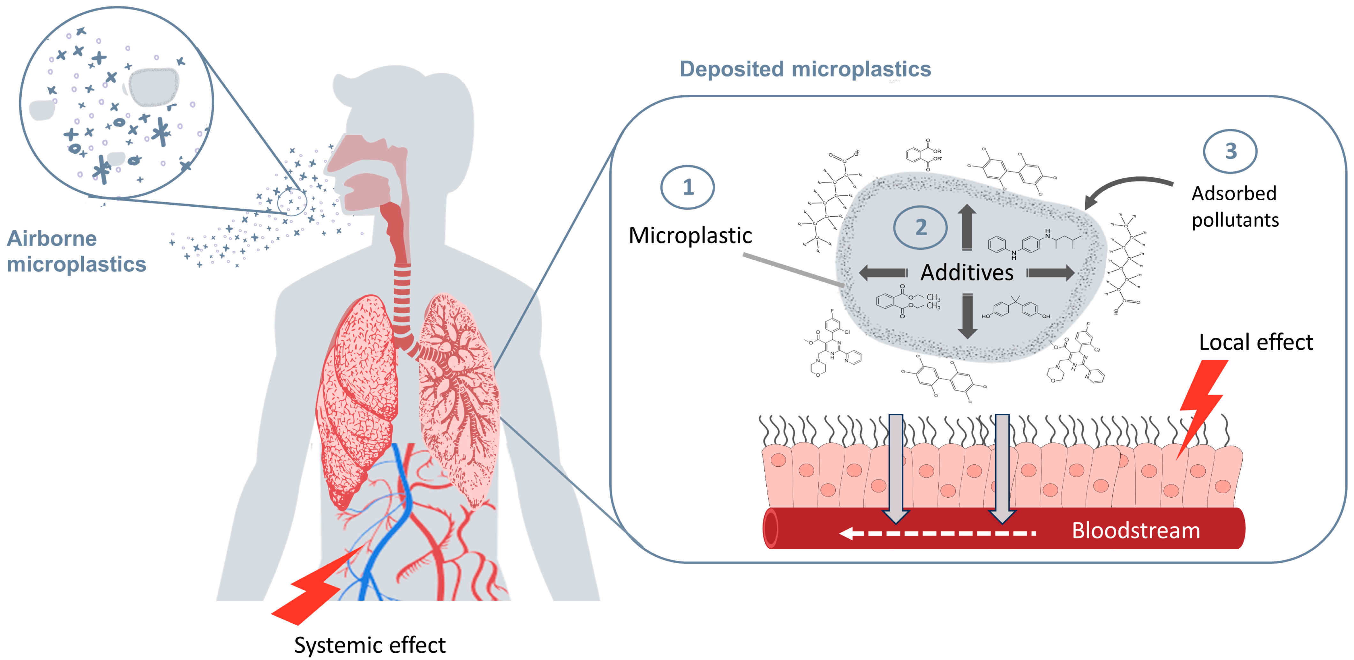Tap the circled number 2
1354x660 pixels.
point(920,227)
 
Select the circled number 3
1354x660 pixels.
point(1230,151)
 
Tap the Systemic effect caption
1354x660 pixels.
point(370,645)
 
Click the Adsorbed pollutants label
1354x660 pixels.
point(1235,206)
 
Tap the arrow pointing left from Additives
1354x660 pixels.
point(883,272)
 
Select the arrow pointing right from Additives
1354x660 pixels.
point(1050,272)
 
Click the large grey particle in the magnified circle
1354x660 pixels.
point(154,86)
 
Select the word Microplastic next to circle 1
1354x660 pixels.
point(690,235)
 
